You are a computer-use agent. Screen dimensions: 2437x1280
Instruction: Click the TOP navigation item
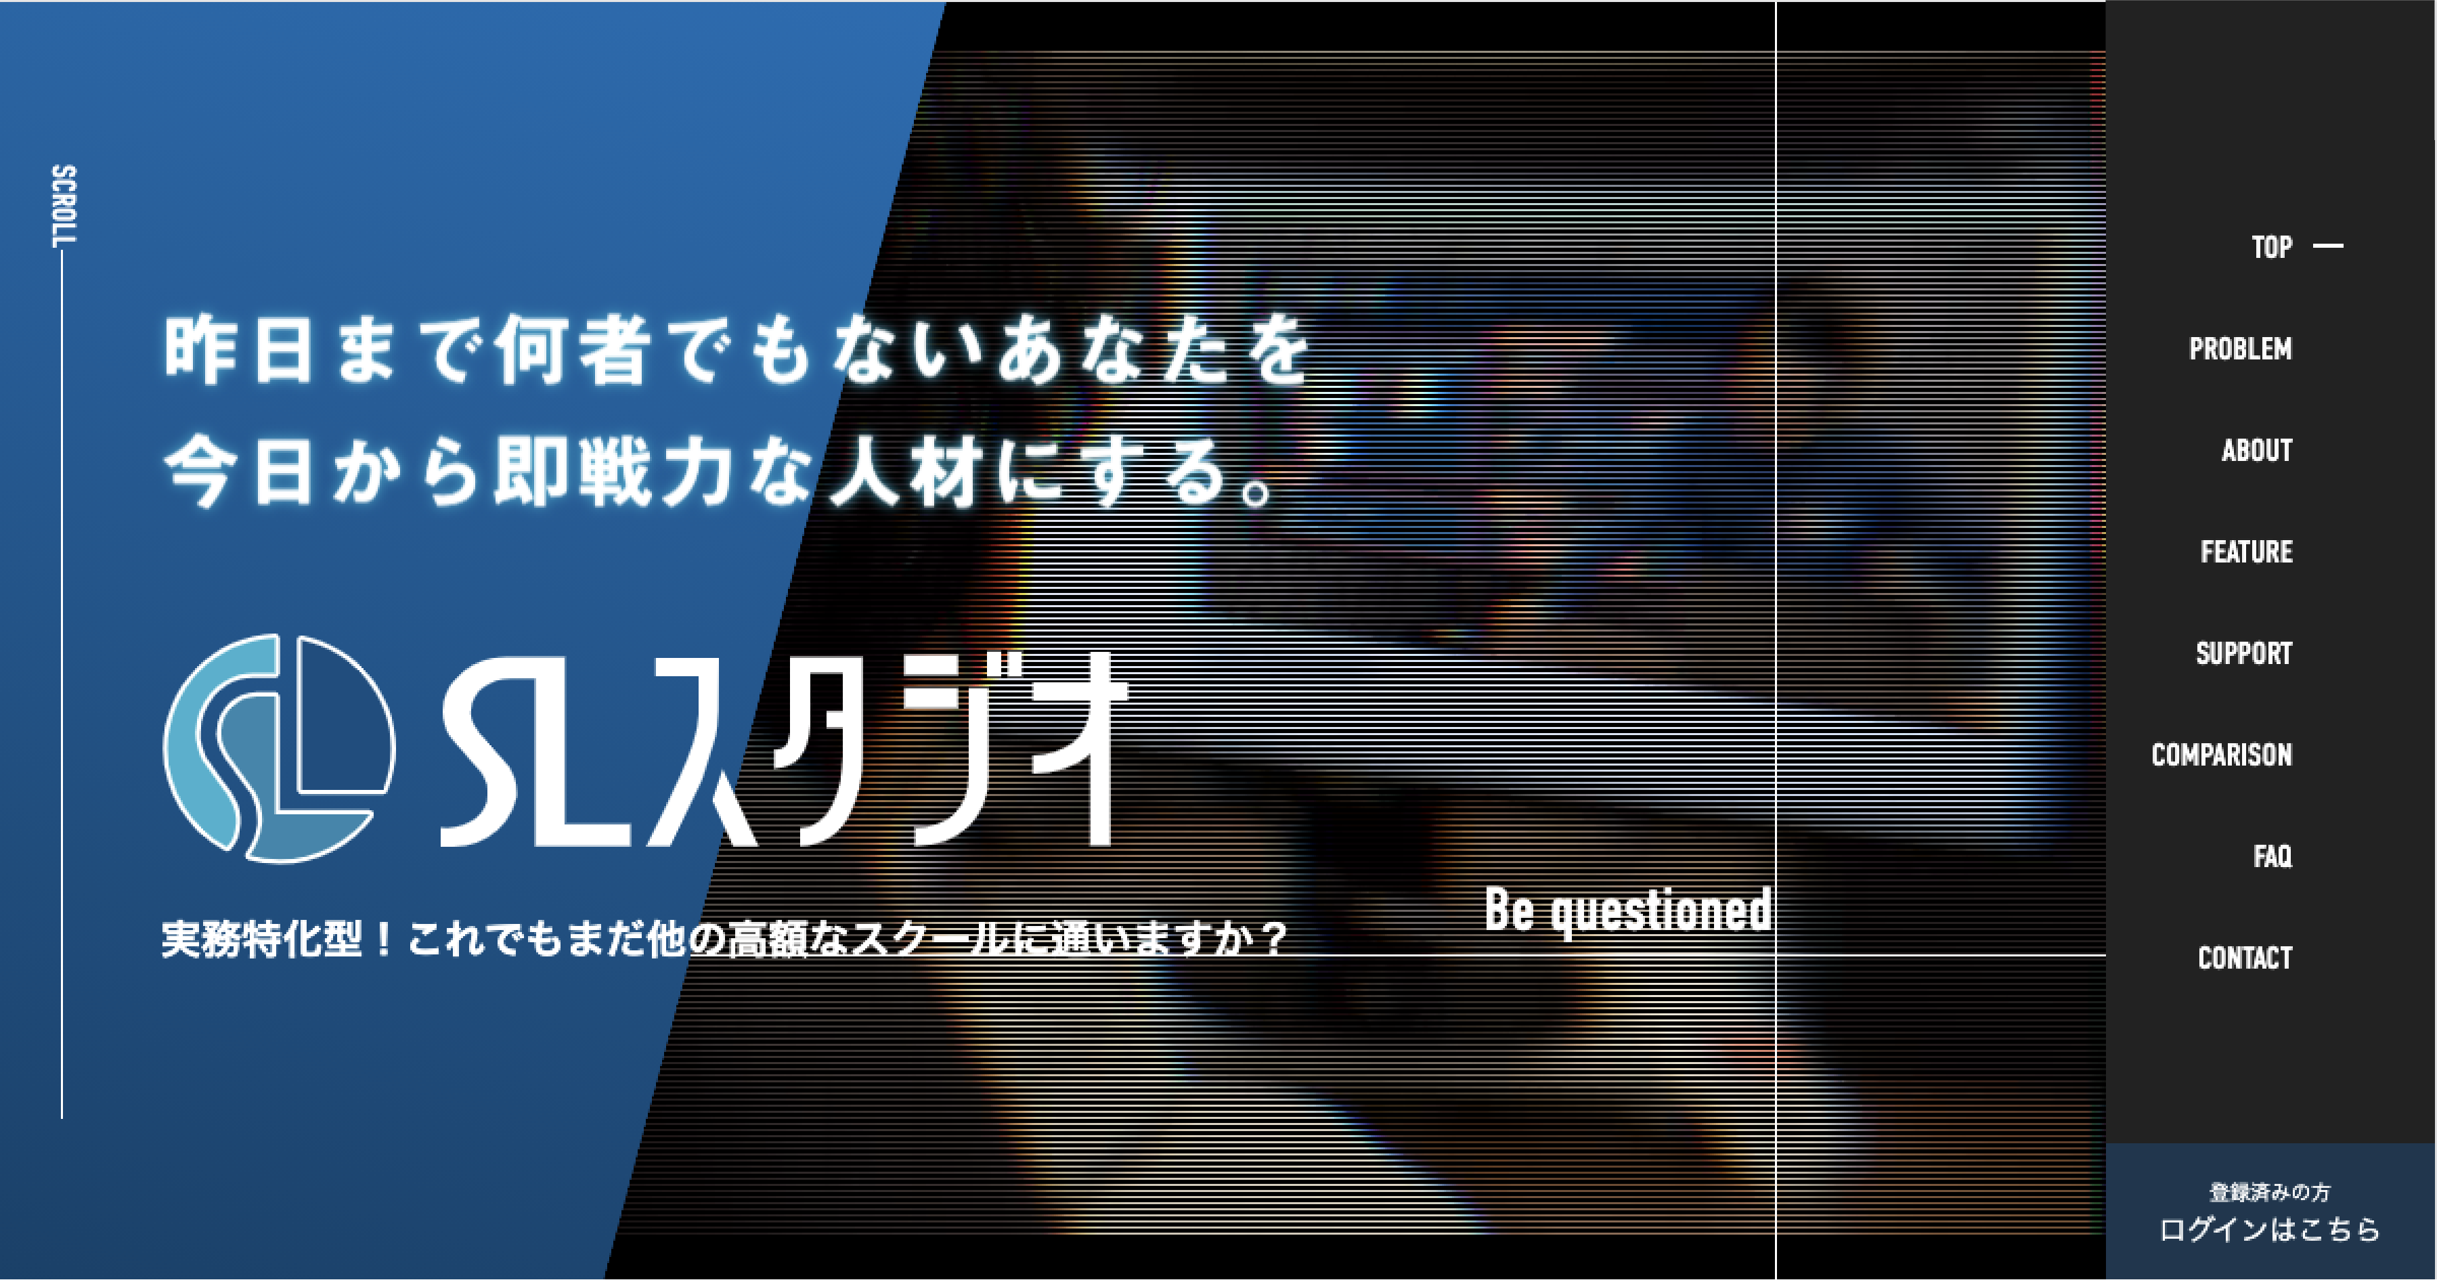2271,247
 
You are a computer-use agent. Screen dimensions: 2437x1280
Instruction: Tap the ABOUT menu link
2257,450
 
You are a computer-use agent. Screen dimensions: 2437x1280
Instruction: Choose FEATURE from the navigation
2247,552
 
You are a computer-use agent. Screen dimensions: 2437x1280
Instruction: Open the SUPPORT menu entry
2244,653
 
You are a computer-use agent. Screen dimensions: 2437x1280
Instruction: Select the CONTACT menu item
2245,957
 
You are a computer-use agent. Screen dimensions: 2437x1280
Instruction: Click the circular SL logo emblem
279,749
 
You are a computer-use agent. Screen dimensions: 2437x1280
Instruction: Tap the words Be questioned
1628,910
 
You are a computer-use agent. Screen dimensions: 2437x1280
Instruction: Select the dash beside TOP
2328,246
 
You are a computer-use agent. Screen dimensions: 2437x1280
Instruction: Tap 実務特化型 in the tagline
262,938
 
